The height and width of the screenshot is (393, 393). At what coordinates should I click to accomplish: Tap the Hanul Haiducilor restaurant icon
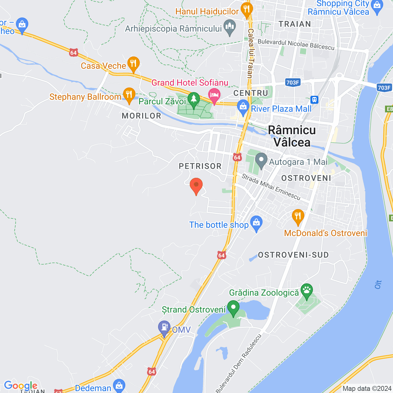(247, 10)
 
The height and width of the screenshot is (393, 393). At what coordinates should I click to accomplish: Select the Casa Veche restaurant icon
(133, 64)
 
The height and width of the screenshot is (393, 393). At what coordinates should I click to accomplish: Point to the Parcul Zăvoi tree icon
(194, 100)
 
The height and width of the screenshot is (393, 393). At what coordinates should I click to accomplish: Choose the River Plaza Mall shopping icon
(243, 107)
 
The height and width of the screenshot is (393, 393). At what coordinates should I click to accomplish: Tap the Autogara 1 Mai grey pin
(261, 160)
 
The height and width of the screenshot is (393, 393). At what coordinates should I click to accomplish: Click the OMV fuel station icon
(164, 328)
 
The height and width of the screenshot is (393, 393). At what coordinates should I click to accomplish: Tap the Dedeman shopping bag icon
(119, 386)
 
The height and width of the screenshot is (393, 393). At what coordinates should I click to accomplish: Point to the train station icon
(314, 99)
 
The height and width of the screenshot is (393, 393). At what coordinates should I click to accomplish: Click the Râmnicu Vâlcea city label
(292, 136)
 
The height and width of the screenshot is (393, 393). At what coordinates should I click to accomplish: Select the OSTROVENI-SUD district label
(293, 255)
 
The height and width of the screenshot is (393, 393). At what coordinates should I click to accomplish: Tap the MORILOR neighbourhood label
(142, 116)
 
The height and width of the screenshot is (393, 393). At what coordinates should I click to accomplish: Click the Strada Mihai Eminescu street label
(271, 187)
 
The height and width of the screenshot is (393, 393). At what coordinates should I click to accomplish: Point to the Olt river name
(378, 285)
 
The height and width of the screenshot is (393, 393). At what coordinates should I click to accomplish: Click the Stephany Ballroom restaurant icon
(129, 95)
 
